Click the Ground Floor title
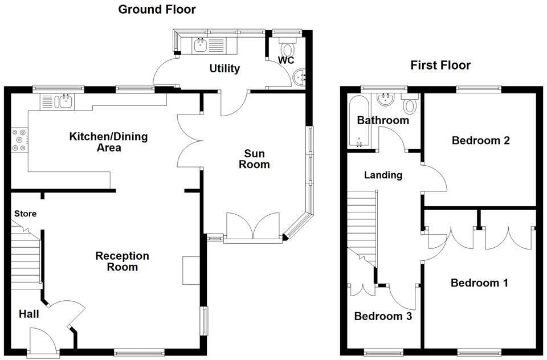click(x=157, y=9)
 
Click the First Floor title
click(x=440, y=65)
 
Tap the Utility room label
click(x=224, y=68)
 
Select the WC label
click(x=285, y=60)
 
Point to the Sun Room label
click(x=254, y=159)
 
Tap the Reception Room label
click(x=123, y=261)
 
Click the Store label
click(x=26, y=214)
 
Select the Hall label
click(x=29, y=313)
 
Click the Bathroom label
click(x=383, y=120)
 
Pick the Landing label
click(x=383, y=175)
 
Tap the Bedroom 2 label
click(x=480, y=140)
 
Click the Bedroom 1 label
click(x=479, y=283)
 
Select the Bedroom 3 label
click(x=383, y=316)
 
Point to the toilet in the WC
click(x=285, y=45)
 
